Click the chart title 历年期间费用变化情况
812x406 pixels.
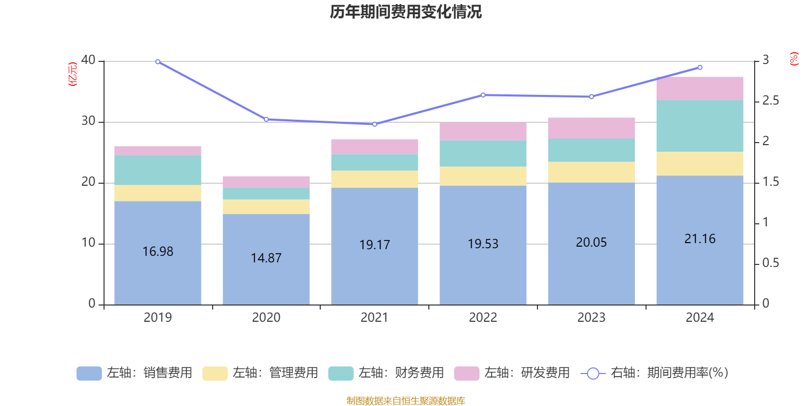(405, 12)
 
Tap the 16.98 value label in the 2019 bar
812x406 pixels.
(158, 251)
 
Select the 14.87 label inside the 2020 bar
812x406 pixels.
(266, 258)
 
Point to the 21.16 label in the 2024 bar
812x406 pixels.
(700, 239)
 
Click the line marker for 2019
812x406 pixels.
(158, 62)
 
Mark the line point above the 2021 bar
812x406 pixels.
(375, 124)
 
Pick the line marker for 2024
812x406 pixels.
(700, 67)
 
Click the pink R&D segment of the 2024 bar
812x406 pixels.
(700, 88)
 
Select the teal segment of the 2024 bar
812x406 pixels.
(700, 126)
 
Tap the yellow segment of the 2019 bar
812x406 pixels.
(158, 193)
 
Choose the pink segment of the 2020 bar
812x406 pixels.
(266, 182)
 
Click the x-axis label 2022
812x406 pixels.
(483, 318)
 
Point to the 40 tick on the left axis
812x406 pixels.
(88, 60)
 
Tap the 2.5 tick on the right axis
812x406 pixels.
(770, 101)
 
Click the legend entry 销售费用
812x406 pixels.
(135, 373)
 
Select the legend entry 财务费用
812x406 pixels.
(387, 373)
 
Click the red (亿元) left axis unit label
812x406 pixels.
(73, 74)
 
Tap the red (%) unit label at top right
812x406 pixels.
(794, 59)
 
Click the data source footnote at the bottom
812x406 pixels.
(405, 401)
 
